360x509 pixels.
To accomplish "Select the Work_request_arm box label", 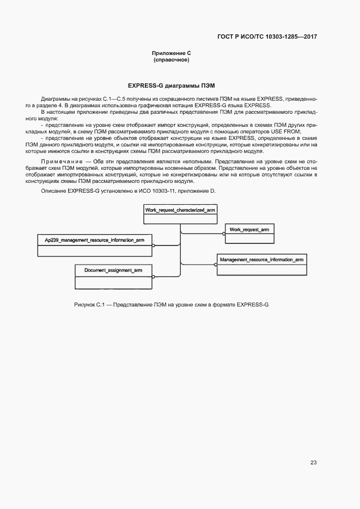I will point(249,230).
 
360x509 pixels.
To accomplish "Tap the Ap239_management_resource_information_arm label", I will point(95,240).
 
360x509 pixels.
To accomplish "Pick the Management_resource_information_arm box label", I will point(262,260).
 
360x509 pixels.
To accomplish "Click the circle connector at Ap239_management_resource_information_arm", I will point(154,245).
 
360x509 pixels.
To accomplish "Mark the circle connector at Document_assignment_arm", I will point(154,275).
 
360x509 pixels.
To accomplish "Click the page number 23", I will point(313,462).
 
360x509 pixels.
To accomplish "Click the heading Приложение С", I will point(171,53).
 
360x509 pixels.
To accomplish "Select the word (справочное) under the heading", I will point(171,59).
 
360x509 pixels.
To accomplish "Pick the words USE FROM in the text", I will point(288,132).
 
